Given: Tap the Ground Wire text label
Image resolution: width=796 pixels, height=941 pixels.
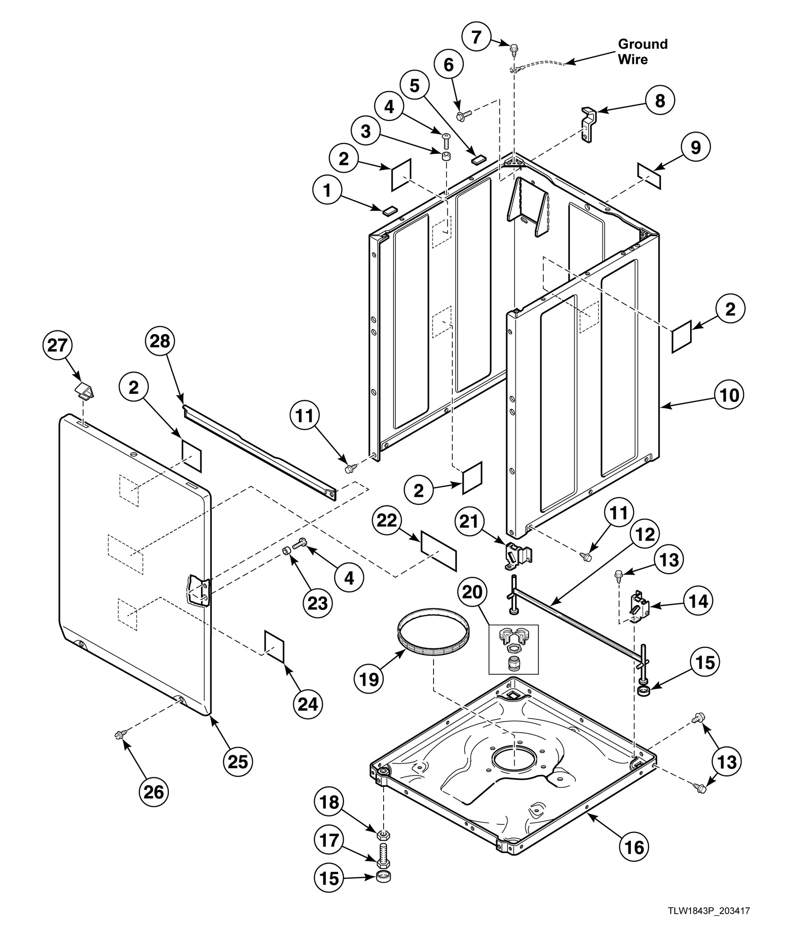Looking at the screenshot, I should coord(642,52).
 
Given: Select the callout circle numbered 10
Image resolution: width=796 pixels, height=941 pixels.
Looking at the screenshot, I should coord(730,395).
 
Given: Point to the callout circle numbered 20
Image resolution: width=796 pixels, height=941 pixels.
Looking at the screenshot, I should coord(473,591).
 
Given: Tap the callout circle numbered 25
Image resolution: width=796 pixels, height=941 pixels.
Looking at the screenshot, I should coord(238,760).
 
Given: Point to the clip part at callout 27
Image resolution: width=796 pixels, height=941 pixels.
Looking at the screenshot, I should coord(85,391).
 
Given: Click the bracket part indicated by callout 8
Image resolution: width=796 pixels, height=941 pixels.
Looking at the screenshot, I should coord(587,124).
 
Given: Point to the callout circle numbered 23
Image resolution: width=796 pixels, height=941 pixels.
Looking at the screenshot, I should coord(317,603).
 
